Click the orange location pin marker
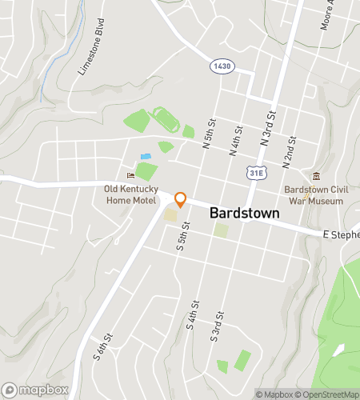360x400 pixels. [x=181, y=200]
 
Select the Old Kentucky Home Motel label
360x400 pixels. [x=132, y=194]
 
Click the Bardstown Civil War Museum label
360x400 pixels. [x=314, y=195]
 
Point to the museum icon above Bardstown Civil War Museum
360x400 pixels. [x=317, y=177]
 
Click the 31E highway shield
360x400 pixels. [x=256, y=173]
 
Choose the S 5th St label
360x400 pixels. [x=183, y=249]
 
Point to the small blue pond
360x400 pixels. [x=145, y=156]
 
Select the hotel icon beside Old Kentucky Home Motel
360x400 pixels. [x=131, y=176]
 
